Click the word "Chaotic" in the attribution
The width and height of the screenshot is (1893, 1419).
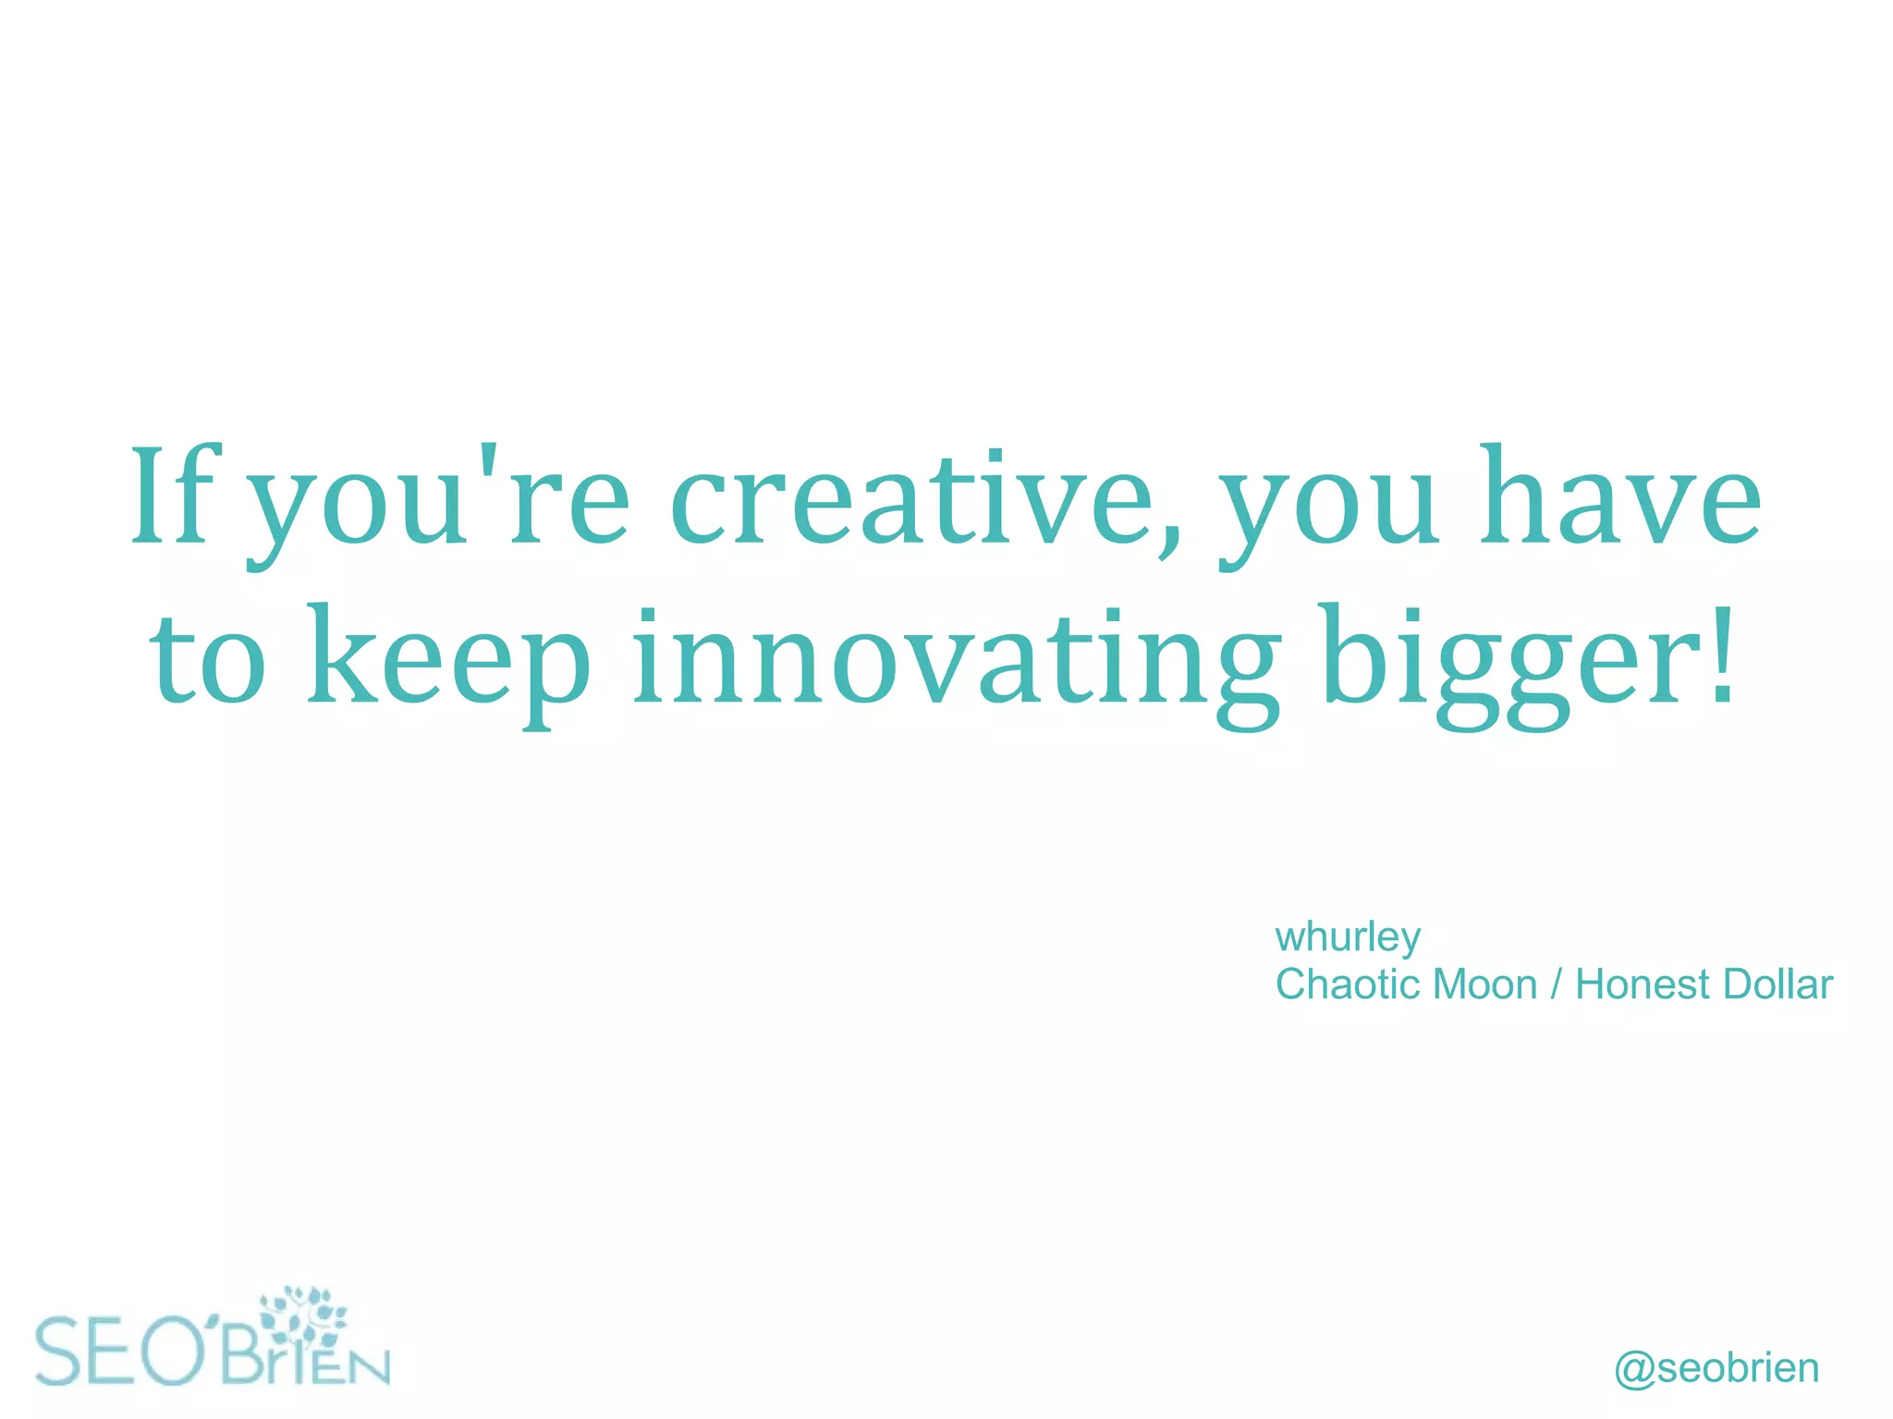(x=1345, y=985)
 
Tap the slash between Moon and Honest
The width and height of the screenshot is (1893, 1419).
(x=1557, y=985)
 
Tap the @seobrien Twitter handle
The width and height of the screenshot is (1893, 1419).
(x=1716, y=1368)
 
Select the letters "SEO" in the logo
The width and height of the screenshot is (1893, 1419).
(x=120, y=1352)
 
